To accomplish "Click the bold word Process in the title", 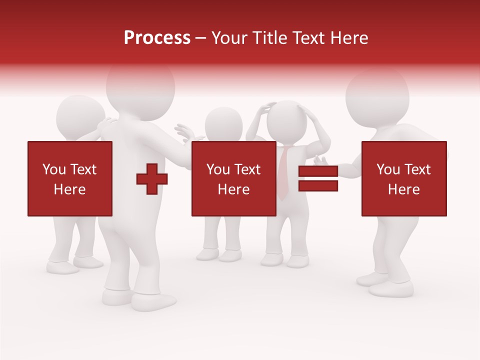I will tap(157, 38).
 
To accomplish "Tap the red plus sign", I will tap(152, 178).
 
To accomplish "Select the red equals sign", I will tap(318, 178).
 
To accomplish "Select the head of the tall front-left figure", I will tap(141, 85).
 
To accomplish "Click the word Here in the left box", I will tap(70, 189).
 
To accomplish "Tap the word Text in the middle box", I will tap(247, 169).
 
